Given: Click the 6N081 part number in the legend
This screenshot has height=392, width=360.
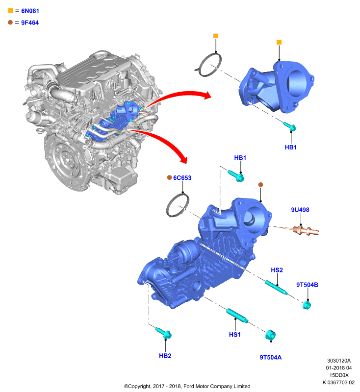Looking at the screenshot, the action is point(30,11).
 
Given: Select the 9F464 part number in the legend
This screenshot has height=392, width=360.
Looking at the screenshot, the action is point(30,23).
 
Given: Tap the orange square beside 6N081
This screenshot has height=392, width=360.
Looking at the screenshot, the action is point(10,10).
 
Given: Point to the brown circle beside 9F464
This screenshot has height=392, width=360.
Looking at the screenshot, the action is point(10,22).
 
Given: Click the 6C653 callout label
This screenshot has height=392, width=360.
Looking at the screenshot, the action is point(182,178).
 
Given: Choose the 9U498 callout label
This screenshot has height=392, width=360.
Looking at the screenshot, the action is point(300,210).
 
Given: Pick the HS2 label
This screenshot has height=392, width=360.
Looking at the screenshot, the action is point(277,270).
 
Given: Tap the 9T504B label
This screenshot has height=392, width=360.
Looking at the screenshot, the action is point(307,285).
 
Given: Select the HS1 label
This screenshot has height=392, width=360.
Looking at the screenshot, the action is point(234,335).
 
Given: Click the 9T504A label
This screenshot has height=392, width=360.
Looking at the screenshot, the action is point(270,358).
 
